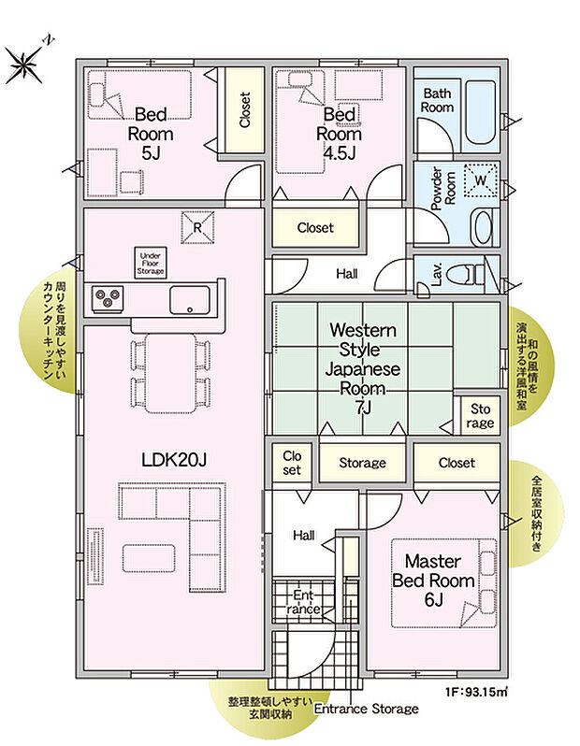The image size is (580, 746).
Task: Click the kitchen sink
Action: (192, 300)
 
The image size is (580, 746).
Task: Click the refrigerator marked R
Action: (197, 227)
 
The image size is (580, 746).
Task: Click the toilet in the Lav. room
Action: (464, 274)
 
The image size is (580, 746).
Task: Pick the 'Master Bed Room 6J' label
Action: (432, 581)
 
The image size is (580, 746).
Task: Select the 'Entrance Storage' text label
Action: (366, 709)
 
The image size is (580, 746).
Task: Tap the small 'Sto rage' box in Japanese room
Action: (479, 414)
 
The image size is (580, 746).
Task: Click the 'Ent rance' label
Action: (305, 601)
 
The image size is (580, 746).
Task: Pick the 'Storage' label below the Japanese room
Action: (362, 463)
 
